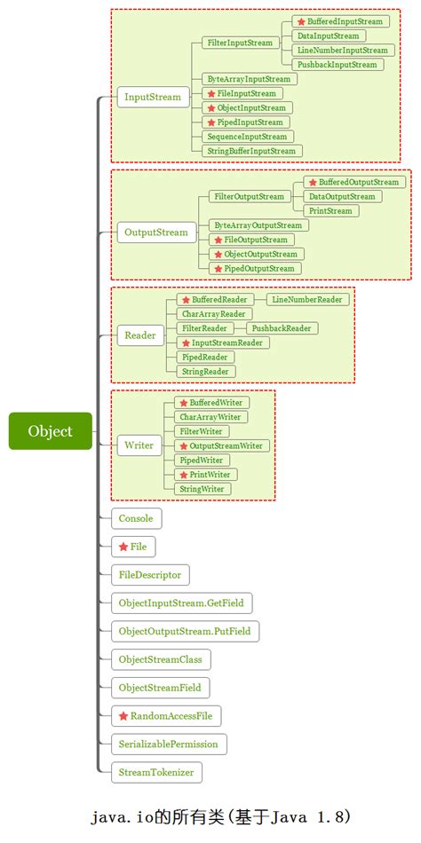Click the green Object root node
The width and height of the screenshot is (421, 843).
(50, 430)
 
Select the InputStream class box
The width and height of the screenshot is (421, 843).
(153, 97)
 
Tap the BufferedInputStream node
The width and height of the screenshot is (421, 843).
(341, 21)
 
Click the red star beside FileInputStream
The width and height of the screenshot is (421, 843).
(211, 93)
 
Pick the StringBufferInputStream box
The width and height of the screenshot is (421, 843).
(251, 151)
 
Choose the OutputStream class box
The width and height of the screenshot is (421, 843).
(156, 232)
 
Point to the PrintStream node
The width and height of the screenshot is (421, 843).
(330, 211)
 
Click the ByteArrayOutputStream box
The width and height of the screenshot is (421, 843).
(258, 225)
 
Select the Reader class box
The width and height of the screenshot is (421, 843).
(140, 335)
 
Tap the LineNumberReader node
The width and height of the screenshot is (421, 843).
(306, 299)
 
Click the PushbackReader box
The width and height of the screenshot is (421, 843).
(282, 328)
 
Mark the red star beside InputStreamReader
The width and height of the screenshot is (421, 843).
(186, 343)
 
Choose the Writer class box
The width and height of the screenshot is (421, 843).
(139, 445)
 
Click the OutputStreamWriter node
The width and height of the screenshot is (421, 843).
(222, 445)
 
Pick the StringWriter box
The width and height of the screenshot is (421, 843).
(203, 489)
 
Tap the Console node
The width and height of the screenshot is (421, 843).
(136, 519)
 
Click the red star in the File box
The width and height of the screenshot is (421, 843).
(123, 548)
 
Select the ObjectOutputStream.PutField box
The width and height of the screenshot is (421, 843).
(186, 631)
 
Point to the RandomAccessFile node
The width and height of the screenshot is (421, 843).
(166, 716)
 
